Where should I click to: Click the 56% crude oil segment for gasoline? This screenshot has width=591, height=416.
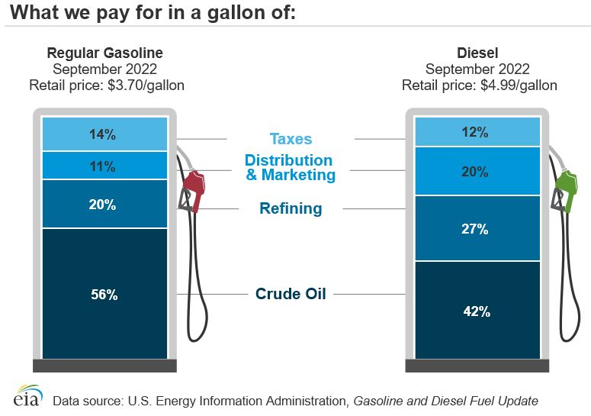point(105,294)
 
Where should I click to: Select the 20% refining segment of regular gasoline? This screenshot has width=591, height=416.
point(105,204)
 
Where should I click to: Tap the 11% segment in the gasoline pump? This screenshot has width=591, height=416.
point(105,166)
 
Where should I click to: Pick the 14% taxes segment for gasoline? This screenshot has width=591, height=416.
point(105,134)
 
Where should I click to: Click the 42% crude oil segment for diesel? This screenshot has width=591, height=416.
point(477,311)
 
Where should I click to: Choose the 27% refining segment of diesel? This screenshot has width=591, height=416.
point(477,228)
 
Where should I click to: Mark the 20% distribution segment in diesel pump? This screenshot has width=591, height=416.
point(477,172)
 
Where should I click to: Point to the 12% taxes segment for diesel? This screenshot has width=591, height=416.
point(477,132)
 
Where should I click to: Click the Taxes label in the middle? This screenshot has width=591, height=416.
point(291,139)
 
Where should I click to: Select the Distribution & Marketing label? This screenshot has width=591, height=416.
point(289,168)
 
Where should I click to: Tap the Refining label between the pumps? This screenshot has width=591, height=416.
point(291,208)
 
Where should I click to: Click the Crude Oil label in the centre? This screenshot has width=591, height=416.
point(291,293)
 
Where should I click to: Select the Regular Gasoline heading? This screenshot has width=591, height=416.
point(105,53)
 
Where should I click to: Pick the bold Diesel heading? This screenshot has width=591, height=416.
point(477,53)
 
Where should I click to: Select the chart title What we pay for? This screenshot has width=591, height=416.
point(153,13)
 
